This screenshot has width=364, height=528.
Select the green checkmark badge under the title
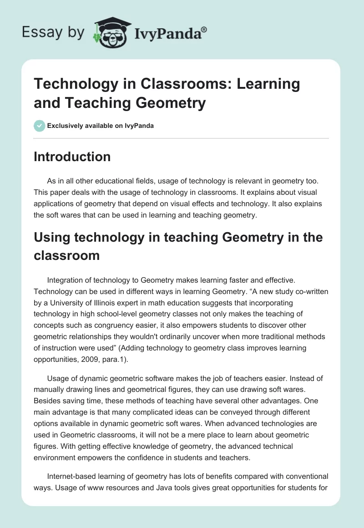[x=40, y=126]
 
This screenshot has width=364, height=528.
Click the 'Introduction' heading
[x=72, y=157]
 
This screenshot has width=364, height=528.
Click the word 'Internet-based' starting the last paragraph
[x=71, y=476]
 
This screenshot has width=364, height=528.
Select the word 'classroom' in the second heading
[x=67, y=255]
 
